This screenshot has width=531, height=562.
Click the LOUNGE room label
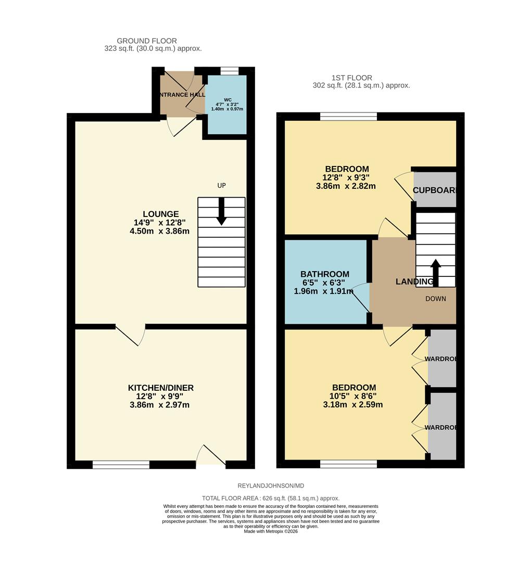point(160,214)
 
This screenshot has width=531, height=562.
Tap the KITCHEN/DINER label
point(160,388)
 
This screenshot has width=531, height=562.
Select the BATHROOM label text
point(324,274)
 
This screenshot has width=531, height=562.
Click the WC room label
point(227,99)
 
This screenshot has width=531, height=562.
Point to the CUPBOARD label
point(434,190)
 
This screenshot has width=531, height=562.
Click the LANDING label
point(414,282)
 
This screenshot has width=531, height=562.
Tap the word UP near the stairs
point(222,186)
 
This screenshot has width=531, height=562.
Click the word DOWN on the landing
point(435,299)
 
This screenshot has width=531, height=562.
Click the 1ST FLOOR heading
point(361,77)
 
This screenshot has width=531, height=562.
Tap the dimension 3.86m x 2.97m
point(160,404)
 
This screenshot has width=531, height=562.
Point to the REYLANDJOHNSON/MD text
point(271,486)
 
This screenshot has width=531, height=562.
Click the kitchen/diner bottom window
point(121,465)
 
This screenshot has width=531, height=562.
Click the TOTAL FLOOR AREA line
point(271,498)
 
